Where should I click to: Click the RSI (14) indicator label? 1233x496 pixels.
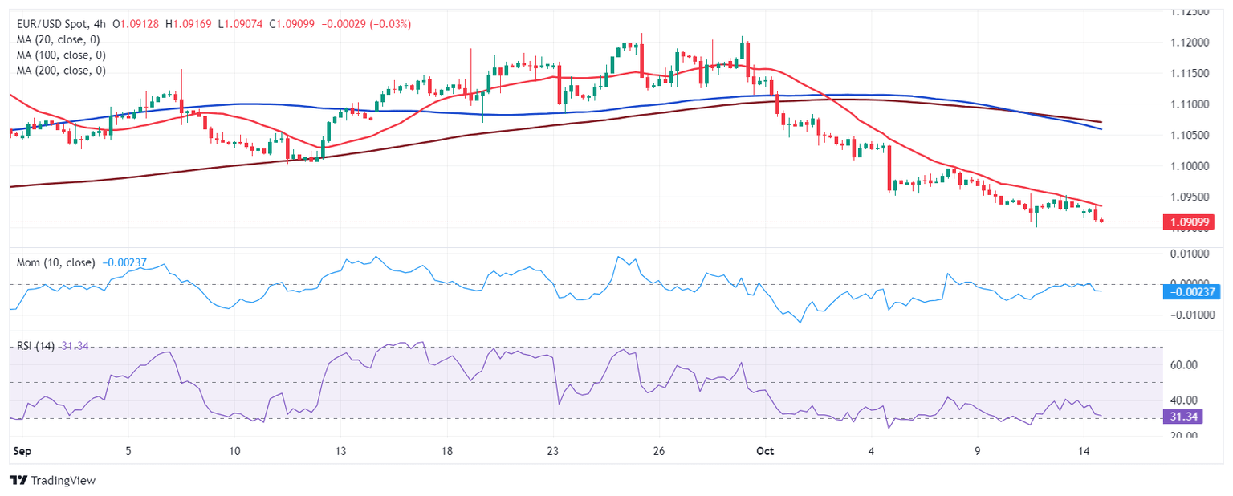[35, 346]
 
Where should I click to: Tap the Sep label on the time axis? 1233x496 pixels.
[22, 452]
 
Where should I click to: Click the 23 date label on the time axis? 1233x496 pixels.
[553, 452]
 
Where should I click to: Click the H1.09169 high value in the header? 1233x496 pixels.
[189, 24]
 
